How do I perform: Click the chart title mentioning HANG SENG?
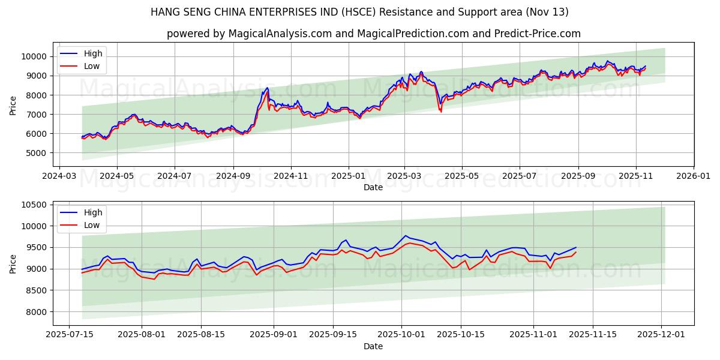click(359, 12)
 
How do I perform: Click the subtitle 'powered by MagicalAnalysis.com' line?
click(373, 34)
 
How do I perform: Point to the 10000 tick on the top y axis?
click(34, 56)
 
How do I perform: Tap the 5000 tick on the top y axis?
click(37, 153)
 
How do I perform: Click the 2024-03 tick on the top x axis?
click(59, 176)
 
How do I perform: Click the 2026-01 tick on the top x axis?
click(693, 176)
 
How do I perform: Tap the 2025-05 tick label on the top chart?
click(462, 176)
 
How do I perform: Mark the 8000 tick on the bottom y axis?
click(37, 312)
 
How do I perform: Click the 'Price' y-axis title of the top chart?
click(13, 106)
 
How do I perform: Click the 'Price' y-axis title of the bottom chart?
click(13, 263)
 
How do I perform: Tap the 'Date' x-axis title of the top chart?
click(373, 187)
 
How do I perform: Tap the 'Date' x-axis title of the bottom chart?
click(373, 346)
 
